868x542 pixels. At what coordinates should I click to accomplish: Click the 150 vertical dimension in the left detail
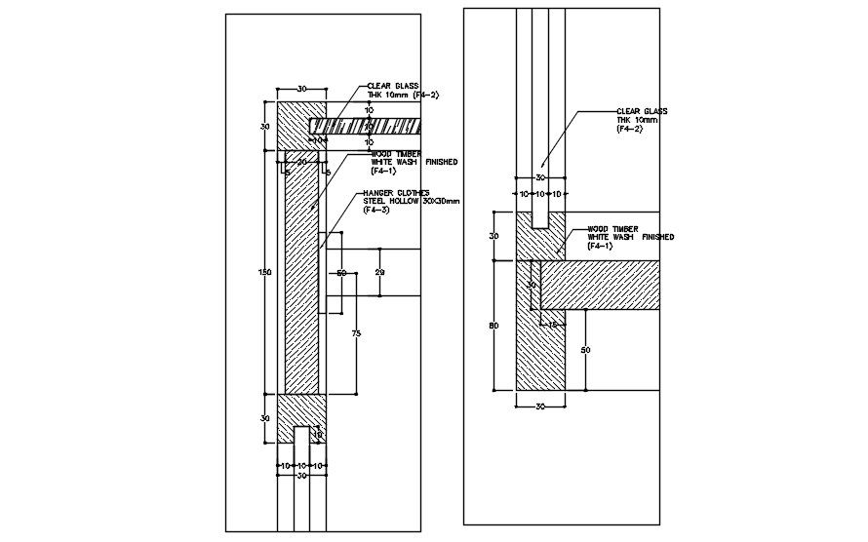tap(264, 272)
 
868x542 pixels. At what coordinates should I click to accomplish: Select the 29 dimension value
tap(379, 274)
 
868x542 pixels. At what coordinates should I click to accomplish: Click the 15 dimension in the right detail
tap(552, 325)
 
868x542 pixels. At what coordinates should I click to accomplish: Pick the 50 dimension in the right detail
tap(583, 349)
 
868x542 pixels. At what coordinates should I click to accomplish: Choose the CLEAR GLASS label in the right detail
tap(641, 111)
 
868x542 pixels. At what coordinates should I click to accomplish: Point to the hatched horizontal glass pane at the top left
tap(366, 126)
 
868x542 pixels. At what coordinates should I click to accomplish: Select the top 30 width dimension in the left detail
tap(301, 89)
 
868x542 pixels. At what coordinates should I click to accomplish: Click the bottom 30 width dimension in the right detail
tap(540, 406)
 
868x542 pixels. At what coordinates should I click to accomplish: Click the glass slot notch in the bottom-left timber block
tap(301, 436)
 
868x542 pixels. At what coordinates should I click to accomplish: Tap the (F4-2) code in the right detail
tap(629, 129)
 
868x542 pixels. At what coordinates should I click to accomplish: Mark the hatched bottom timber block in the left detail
tap(286, 419)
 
